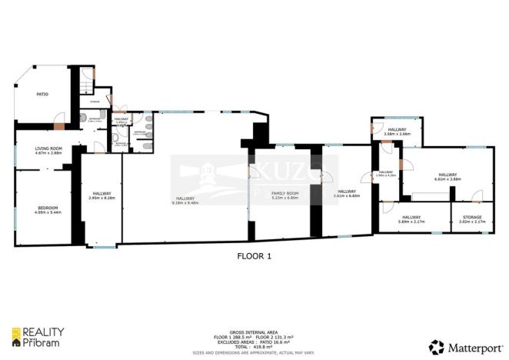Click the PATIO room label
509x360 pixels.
point(43,95)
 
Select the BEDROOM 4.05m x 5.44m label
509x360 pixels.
point(48,210)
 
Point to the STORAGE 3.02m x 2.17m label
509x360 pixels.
point(471,219)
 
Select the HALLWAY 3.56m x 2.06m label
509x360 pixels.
point(396,132)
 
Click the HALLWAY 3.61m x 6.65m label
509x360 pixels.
point(345,193)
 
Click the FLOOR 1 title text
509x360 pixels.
point(254,255)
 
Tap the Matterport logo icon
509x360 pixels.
point(436,346)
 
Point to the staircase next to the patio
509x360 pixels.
point(85,80)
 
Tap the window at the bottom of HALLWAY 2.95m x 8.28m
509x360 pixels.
point(101,246)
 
